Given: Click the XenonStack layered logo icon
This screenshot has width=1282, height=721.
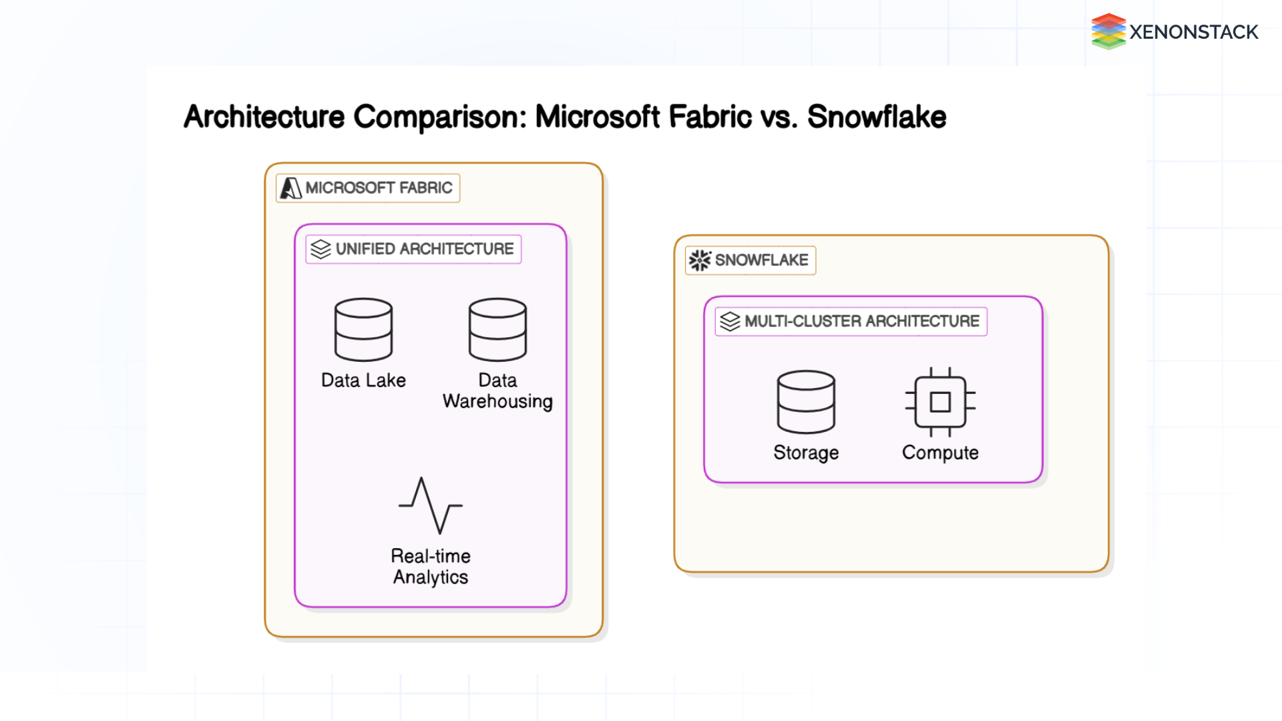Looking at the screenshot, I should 1108,31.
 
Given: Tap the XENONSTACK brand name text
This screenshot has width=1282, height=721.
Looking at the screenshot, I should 1193,32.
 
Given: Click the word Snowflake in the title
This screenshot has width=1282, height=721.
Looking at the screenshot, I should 876,117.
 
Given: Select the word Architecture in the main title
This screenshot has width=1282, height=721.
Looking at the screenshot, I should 264,117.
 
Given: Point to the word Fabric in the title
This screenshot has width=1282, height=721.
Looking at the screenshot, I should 710,117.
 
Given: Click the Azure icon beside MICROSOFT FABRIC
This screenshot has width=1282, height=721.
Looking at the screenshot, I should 290,188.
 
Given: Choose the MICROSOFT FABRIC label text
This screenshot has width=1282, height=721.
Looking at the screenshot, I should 379,188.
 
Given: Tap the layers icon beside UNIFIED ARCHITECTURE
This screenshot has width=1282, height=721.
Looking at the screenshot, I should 320,249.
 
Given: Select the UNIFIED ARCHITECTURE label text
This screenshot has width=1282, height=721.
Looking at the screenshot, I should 425,249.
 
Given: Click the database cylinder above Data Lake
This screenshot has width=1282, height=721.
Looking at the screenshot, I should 363,330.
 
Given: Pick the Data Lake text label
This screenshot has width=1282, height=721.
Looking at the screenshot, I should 363,381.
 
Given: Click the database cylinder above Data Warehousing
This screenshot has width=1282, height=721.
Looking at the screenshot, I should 497,330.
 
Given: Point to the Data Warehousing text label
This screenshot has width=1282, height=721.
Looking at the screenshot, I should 497,391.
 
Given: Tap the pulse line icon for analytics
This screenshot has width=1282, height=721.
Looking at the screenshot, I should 431,505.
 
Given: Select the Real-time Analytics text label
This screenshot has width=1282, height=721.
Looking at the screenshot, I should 431,566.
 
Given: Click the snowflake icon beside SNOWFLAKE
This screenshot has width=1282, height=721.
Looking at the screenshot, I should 700,260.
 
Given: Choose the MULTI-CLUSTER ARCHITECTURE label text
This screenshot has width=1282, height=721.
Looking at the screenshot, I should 861,322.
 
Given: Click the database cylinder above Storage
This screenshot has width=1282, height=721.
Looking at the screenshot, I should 806,402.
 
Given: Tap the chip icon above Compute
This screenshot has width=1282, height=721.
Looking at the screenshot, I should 940,402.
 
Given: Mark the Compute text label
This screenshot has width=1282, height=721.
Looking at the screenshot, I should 940,453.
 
